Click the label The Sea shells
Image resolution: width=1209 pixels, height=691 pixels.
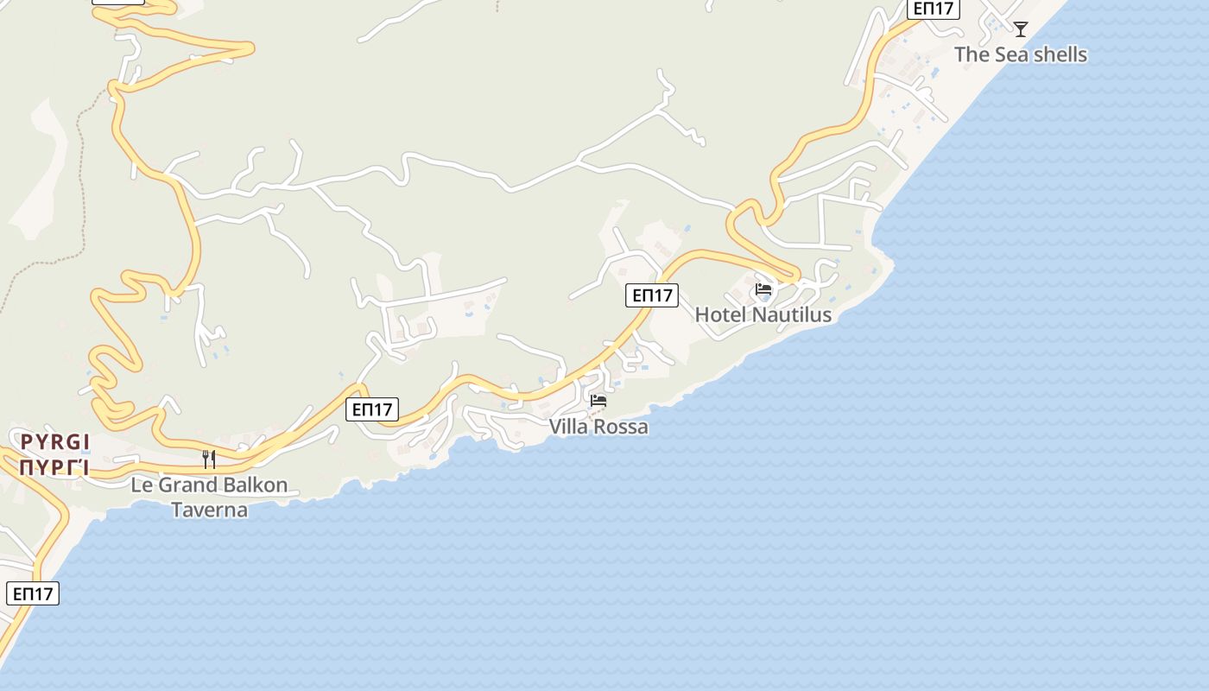point(1020,54)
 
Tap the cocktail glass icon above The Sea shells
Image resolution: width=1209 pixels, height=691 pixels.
point(1021,29)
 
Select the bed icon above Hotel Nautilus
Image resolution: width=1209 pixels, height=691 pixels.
point(763,289)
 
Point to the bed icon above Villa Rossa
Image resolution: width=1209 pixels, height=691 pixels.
point(598,401)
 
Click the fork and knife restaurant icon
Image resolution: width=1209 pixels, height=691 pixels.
point(209,459)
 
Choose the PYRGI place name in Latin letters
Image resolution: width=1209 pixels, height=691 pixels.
point(55,443)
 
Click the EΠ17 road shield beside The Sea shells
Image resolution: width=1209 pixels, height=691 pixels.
point(934,9)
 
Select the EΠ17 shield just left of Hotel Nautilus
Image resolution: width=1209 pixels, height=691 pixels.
point(652,295)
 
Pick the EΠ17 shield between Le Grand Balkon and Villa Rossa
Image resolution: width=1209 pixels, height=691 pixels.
point(372,409)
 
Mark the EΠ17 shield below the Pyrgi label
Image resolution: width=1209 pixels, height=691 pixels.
point(33,593)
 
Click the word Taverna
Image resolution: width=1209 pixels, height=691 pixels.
point(210,510)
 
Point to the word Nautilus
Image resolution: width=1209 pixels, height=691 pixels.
point(791,315)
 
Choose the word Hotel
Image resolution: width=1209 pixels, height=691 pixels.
point(720,315)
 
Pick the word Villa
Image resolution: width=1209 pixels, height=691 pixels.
point(568,427)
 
